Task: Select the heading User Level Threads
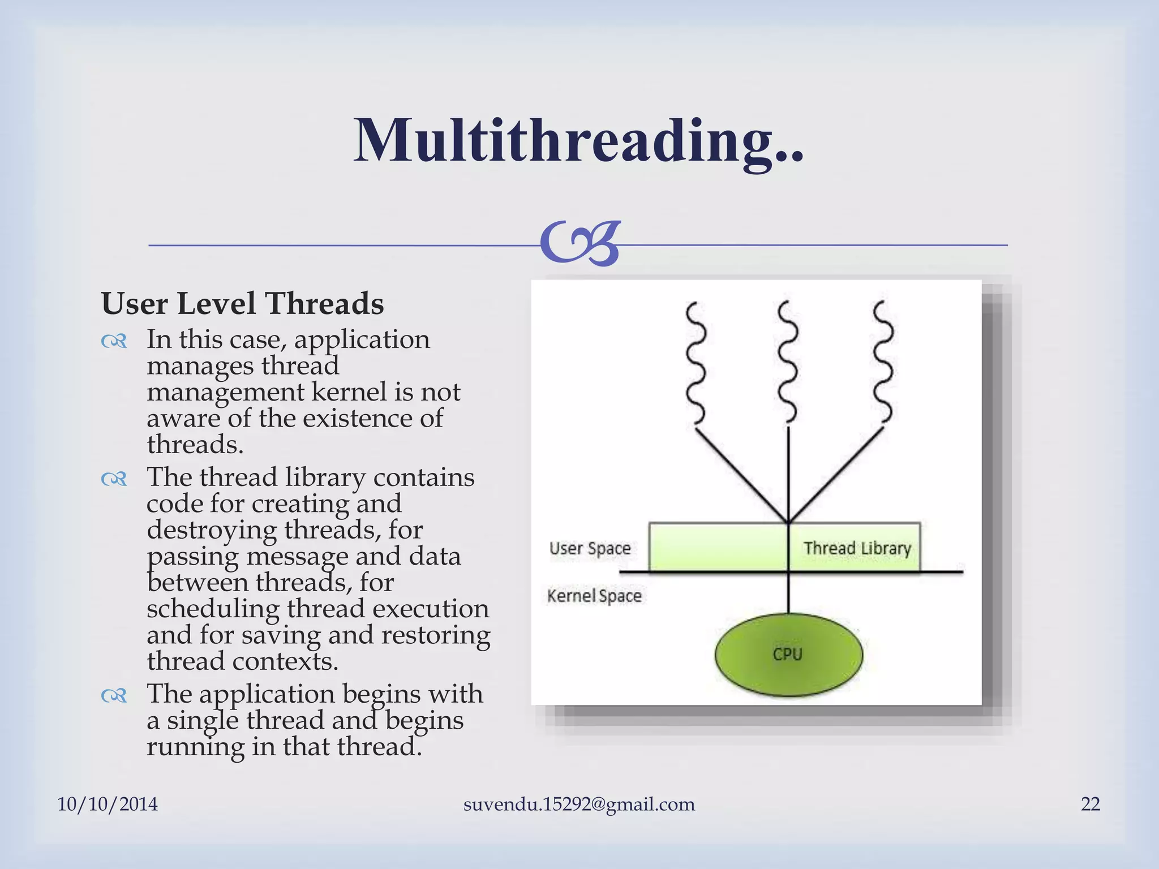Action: click(242, 303)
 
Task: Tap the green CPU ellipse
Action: click(788, 655)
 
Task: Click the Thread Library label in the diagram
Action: click(857, 548)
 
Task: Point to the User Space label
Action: click(590, 548)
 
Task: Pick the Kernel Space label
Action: click(594, 596)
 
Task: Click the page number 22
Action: click(1090, 804)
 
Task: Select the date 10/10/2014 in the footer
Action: click(108, 804)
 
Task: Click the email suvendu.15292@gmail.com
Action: click(578, 804)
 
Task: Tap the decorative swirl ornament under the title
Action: click(580, 244)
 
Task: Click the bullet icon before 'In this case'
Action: click(114, 341)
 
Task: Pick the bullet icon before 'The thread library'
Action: click(114, 479)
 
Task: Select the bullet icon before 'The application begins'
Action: click(114, 695)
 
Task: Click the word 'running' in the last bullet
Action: click(195, 747)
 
